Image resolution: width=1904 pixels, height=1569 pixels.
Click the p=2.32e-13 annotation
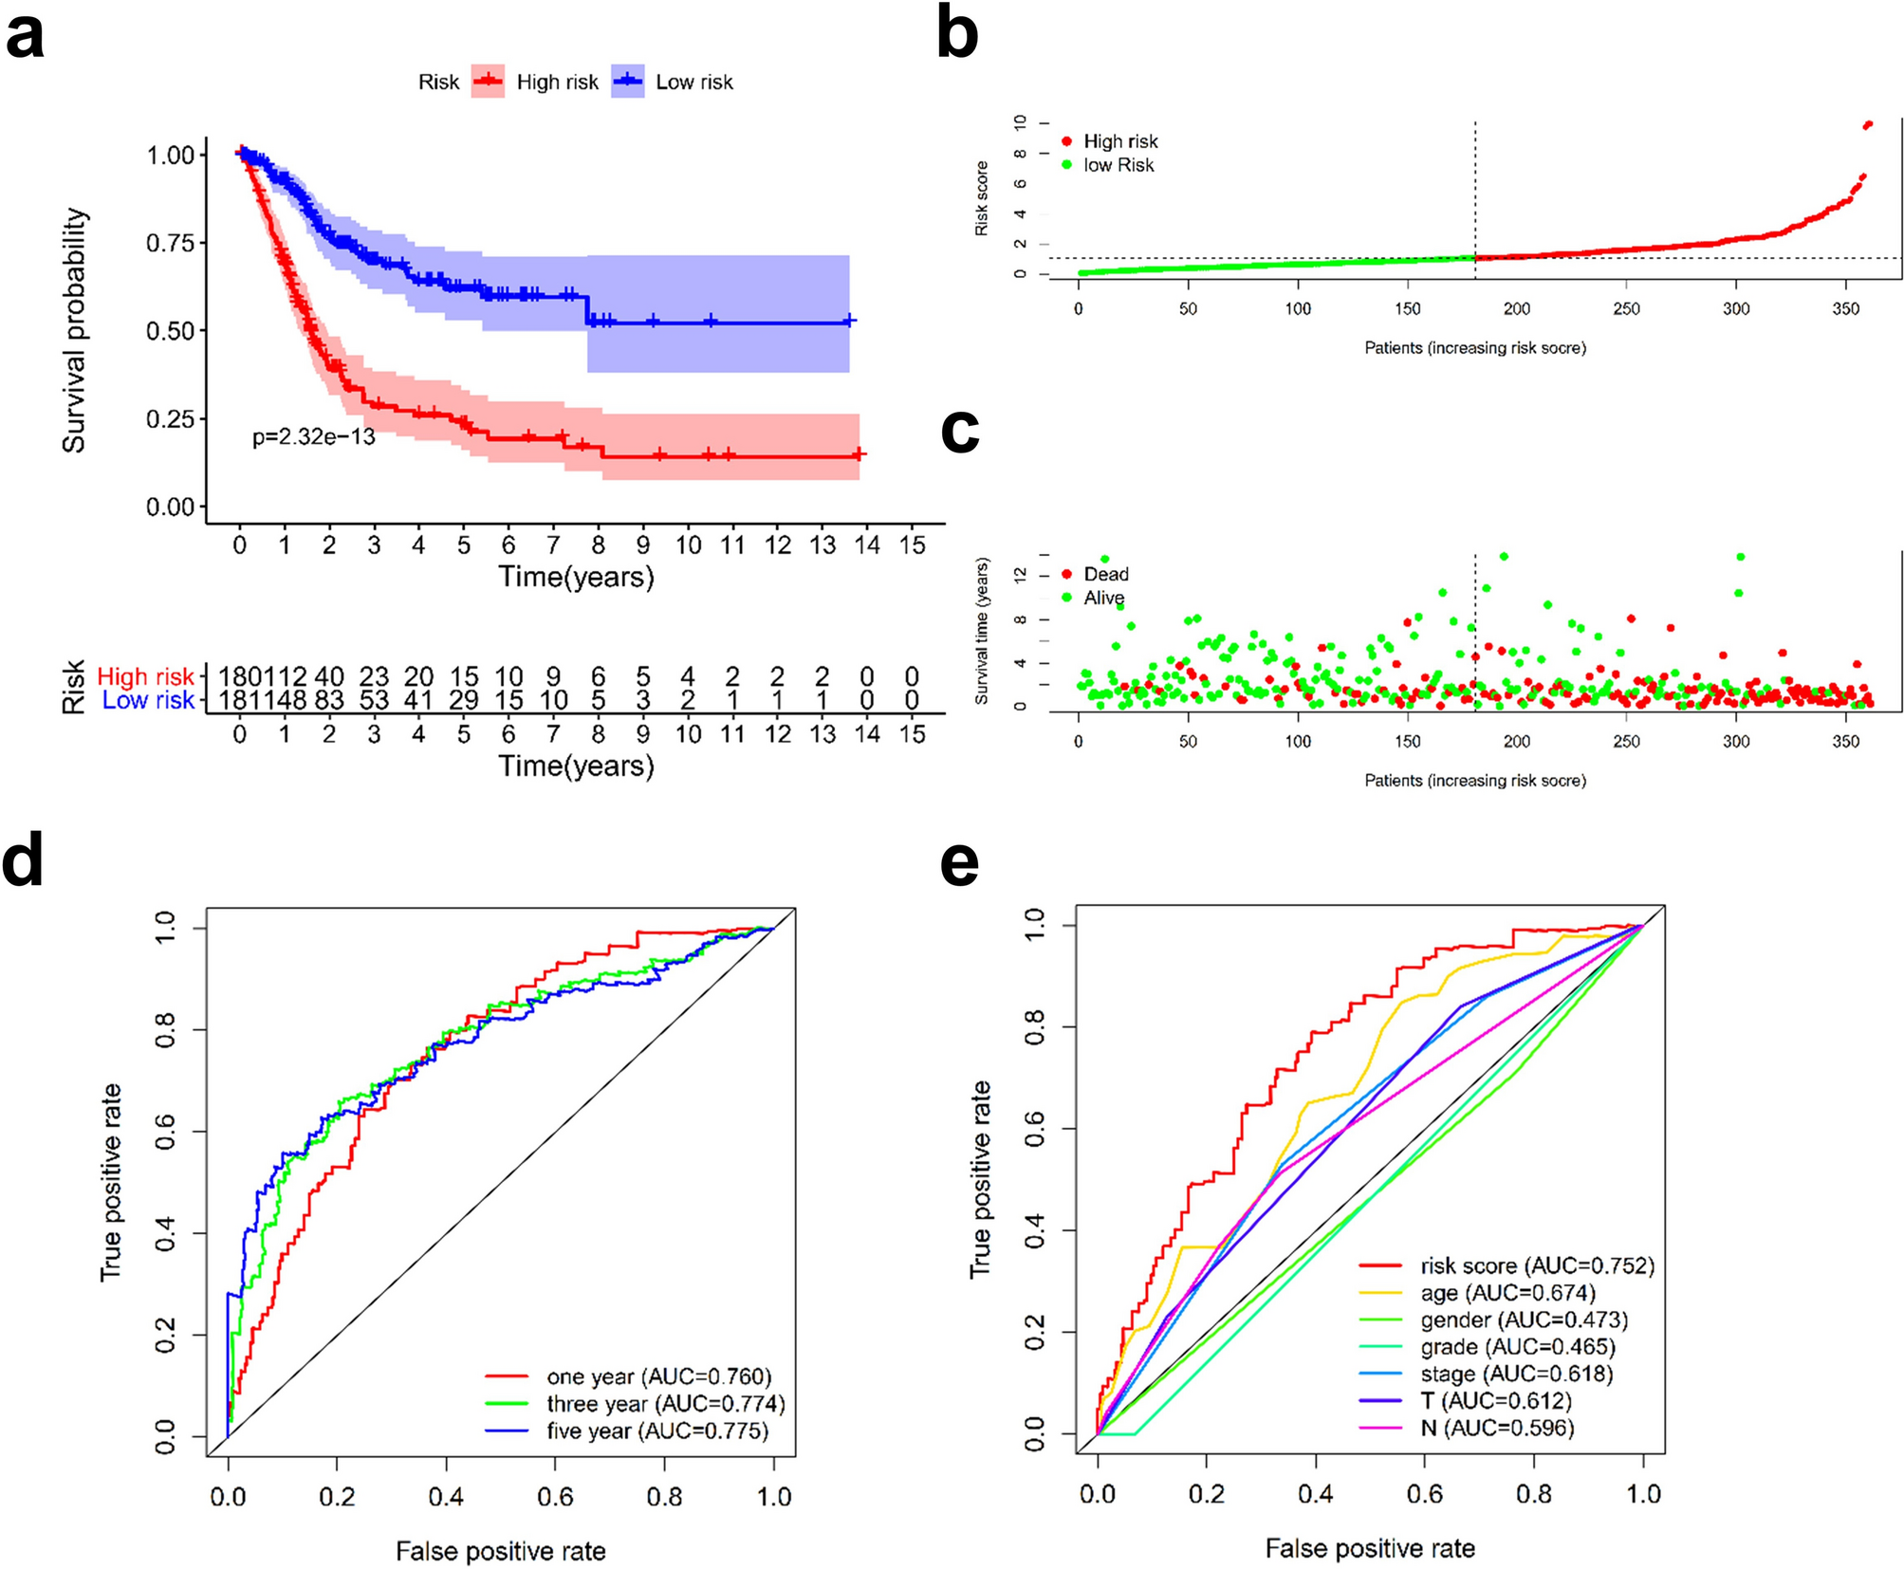point(313,437)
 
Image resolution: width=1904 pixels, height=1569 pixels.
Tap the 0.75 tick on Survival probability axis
point(170,244)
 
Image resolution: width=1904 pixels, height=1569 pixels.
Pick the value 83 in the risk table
point(328,701)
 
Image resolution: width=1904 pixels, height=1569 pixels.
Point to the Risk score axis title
point(981,198)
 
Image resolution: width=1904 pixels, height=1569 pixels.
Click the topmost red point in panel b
point(1868,124)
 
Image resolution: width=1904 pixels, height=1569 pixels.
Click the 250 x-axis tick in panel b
point(1626,308)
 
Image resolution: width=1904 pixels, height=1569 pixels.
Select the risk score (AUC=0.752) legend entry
point(1536,1265)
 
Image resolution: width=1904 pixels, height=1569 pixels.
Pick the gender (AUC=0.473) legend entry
point(1523,1320)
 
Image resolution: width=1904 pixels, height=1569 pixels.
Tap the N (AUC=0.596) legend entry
point(1496,1428)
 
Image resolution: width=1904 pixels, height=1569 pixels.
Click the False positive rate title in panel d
point(500,1551)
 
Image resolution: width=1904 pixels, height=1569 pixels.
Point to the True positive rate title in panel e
point(980,1179)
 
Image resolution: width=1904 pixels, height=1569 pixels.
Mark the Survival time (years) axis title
point(981,631)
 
